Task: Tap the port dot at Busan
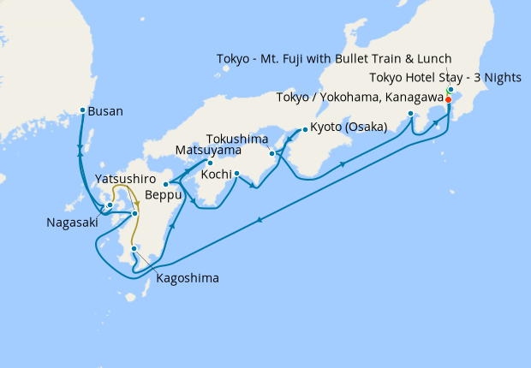[x=82, y=110]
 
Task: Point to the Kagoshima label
[x=188, y=278]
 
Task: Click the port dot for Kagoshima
[x=134, y=249]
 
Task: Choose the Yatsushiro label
[x=128, y=179]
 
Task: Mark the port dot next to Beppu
[x=166, y=184]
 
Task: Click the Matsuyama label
[x=208, y=150]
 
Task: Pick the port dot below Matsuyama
[x=210, y=163]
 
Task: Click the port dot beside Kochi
[x=236, y=174]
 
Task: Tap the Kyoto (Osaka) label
[x=351, y=127]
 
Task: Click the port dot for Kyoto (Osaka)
[x=304, y=130]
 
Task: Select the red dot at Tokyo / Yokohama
[x=448, y=99]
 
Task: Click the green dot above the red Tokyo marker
[x=450, y=90]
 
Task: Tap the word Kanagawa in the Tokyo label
[x=407, y=97]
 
